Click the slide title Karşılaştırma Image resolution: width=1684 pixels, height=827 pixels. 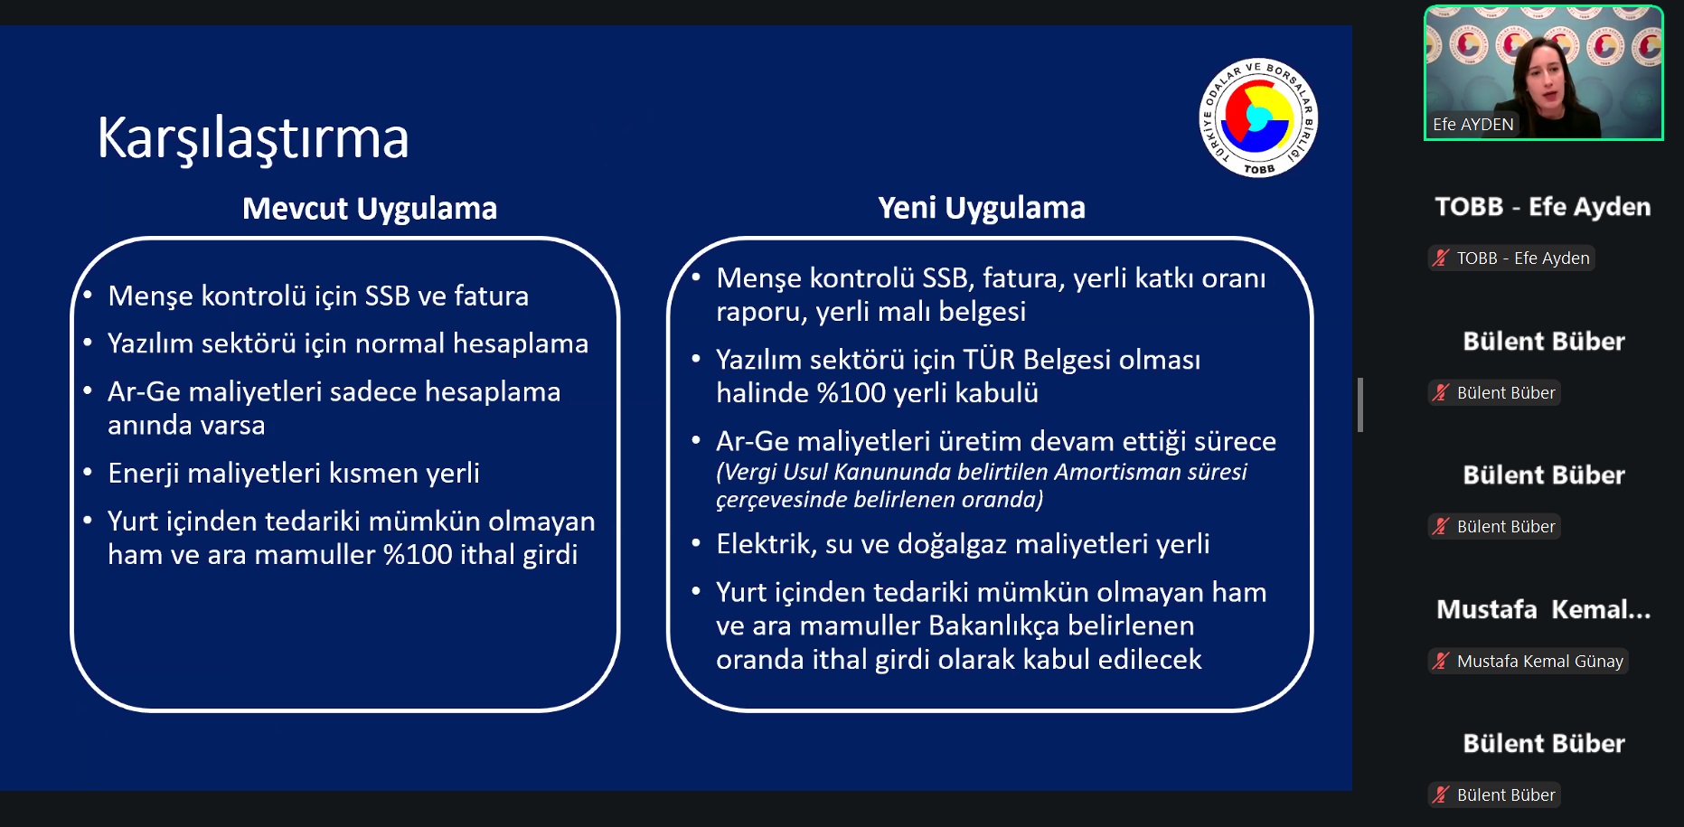253,139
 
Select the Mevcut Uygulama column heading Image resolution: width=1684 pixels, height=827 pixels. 370,209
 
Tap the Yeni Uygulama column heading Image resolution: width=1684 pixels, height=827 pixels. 982,209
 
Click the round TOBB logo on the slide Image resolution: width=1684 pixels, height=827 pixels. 1258,117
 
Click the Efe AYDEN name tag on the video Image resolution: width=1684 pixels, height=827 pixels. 1472,125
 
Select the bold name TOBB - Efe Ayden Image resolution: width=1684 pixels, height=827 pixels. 1543,207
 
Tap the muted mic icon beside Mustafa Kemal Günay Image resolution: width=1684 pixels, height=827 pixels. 1441,661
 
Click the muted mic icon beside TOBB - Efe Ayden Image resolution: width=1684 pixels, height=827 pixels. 1441,258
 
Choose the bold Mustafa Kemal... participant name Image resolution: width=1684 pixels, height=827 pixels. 1543,610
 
